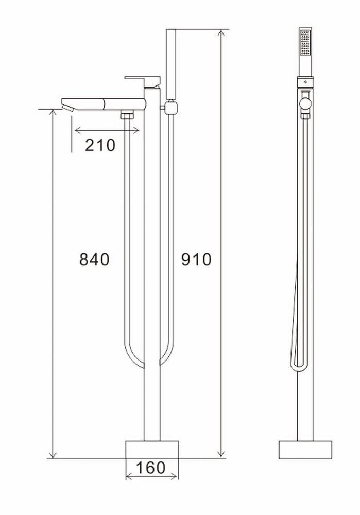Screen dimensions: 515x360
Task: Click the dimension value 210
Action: (x=100, y=146)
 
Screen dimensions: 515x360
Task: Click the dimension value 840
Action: (x=94, y=260)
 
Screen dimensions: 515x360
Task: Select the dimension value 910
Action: (x=196, y=260)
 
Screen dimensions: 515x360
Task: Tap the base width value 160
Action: (x=151, y=468)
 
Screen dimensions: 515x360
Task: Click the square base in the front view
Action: (x=152, y=449)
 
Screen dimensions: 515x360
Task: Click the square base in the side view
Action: (x=305, y=449)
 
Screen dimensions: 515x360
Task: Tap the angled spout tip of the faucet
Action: (x=67, y=107)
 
